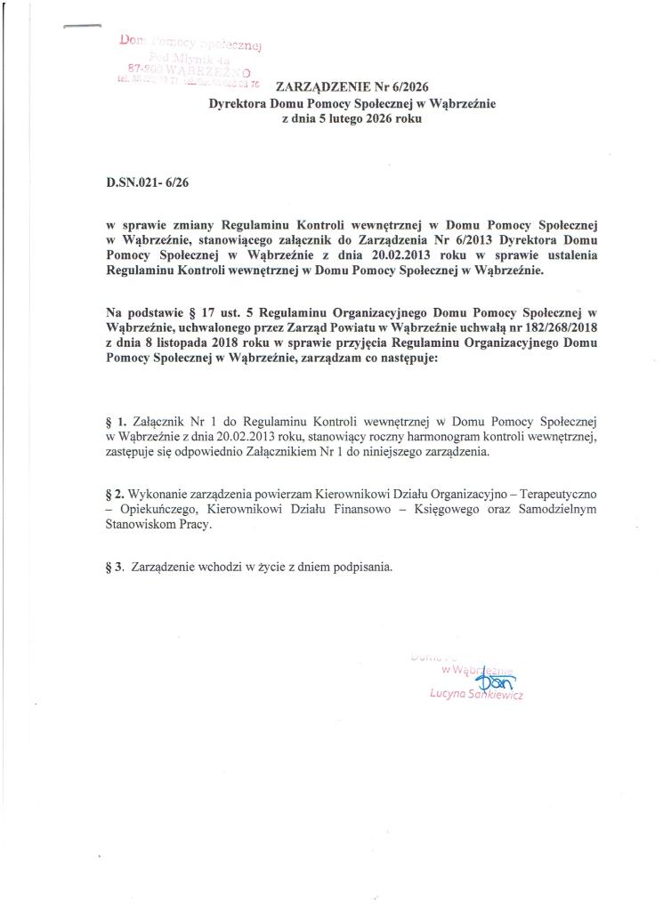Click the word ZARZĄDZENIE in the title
click(x=316, y=87)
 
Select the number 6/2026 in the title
click(x=400, y=87)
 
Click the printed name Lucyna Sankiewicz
click(x=475, y=696)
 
